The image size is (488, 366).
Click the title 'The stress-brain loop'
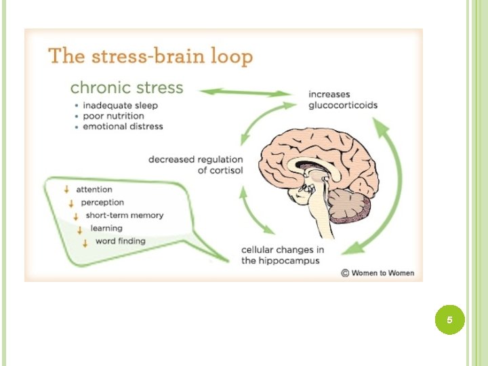click(x=150, y=56)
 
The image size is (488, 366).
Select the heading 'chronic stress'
click(x=127, y=87)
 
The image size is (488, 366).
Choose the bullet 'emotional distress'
click(x=123, y=126)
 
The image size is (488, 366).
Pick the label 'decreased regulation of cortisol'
click(x=195, y=165)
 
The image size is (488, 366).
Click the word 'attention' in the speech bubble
click(x=94, y=190)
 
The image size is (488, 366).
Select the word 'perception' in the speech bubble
click(x=102, y=203)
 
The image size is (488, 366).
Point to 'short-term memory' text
click(x=125, y=216)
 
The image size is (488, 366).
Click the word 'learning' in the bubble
click(x=106, y=228)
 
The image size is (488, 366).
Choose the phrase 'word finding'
click(x=120, y=241)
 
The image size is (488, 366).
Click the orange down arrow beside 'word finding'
click(x=86, y=243)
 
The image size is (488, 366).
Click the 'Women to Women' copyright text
click(x=378, y=273)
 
